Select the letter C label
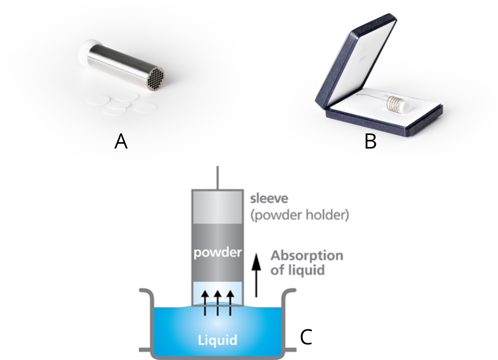306,337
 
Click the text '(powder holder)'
300,215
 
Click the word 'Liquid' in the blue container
218,340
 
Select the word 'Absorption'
307,255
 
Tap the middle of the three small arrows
218,302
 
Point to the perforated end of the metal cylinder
154,78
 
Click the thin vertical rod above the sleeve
218,177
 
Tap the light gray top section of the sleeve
218,206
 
